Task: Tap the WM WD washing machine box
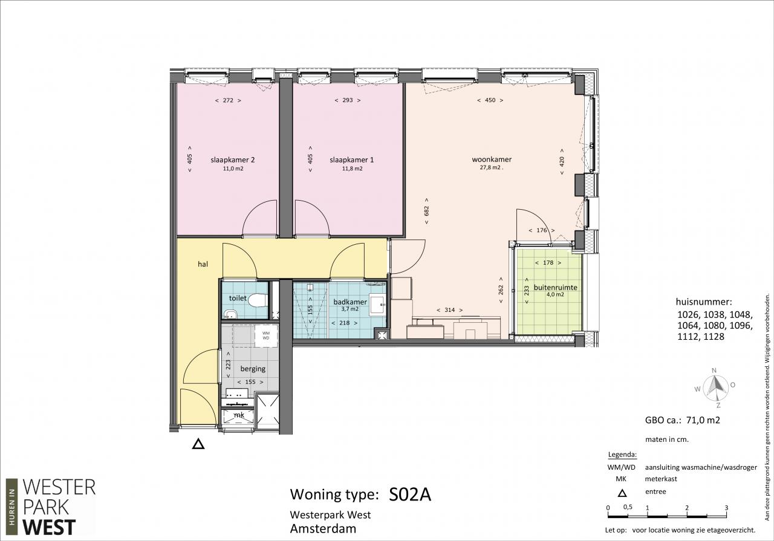pyautogui.click(x=266, y=335)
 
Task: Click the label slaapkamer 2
pyautogui.click(x=233, y=160)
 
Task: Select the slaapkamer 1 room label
pyautogui.click(x=351, y=160)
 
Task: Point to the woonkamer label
pyautogui.click(x=492, y=159)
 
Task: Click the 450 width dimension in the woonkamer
pyautogui.click(x=490, y=100)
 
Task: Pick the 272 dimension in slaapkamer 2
pyautogui.click(x=228, y=100)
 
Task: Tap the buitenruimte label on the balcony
pyautogui.click(x=555, y=288)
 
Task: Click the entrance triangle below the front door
pyautogui.click(x=198, y=444)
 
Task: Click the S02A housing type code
pyautogui.click(x=410, y=494)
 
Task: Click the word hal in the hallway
pyautogui.click(x=203, y=264)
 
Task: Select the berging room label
pyautogui.click(x=253, y=369)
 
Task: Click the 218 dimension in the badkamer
pyautogui.click(x=345, y=323)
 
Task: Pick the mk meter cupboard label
pyautogui.click(x=239, y=415)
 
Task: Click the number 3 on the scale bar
pyautogui.click(x=726, y=508)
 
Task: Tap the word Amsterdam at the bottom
pyautogui.click(x=323, y=529)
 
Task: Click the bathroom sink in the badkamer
pyautogui.click(x=377, y=305)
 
